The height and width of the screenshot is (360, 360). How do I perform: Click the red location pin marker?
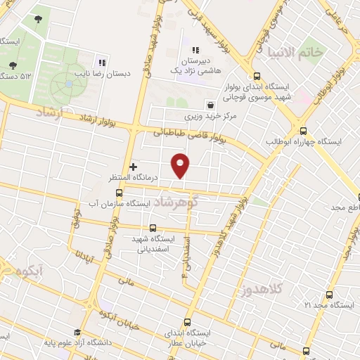pyautogui.click(x=181, y=165)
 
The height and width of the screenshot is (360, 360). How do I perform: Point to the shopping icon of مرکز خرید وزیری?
pyautogui.click(x=210, y=105)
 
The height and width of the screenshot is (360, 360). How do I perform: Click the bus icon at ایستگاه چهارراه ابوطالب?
pyautogui.click(x=304, y=131)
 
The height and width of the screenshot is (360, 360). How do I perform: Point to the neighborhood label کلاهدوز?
pyautogui.click(x=262, y=289)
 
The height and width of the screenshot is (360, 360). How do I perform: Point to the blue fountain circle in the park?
pyautogui.click(x=69, y=84)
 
